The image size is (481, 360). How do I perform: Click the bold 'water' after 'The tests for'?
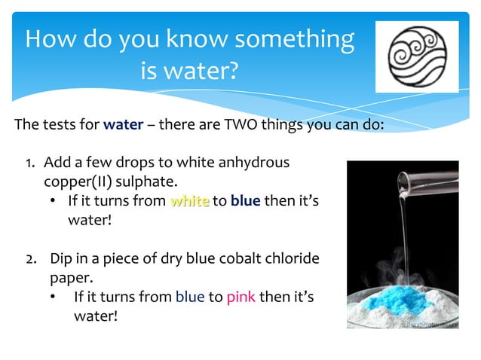click(x=123, y=124)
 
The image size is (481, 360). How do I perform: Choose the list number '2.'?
click(x=33, y=259)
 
